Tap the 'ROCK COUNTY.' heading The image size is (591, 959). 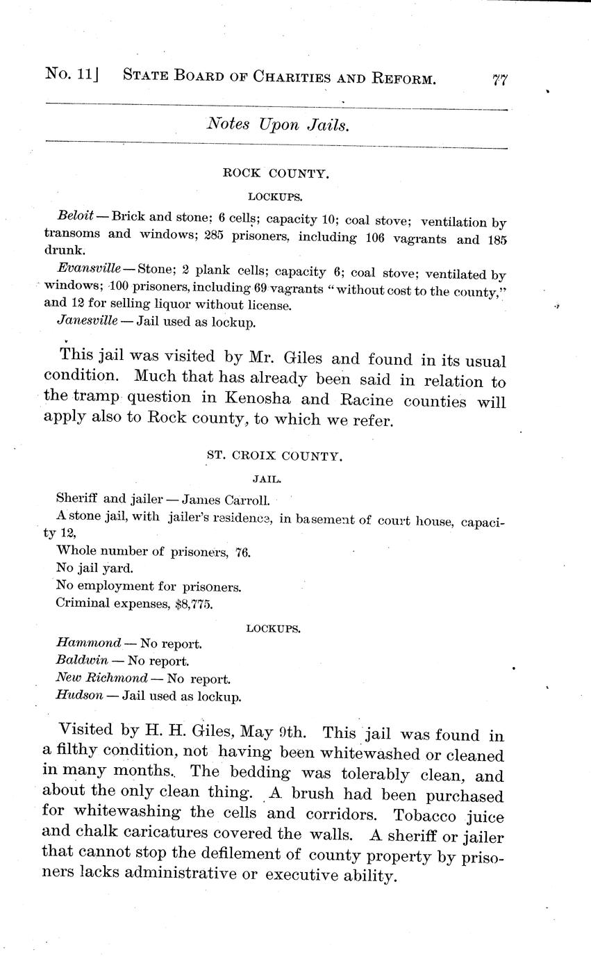coord(276,174)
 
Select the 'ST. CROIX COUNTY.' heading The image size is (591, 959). coord(274,456)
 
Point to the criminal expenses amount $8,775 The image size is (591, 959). coord(192,603)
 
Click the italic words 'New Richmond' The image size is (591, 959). coord(101,678)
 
